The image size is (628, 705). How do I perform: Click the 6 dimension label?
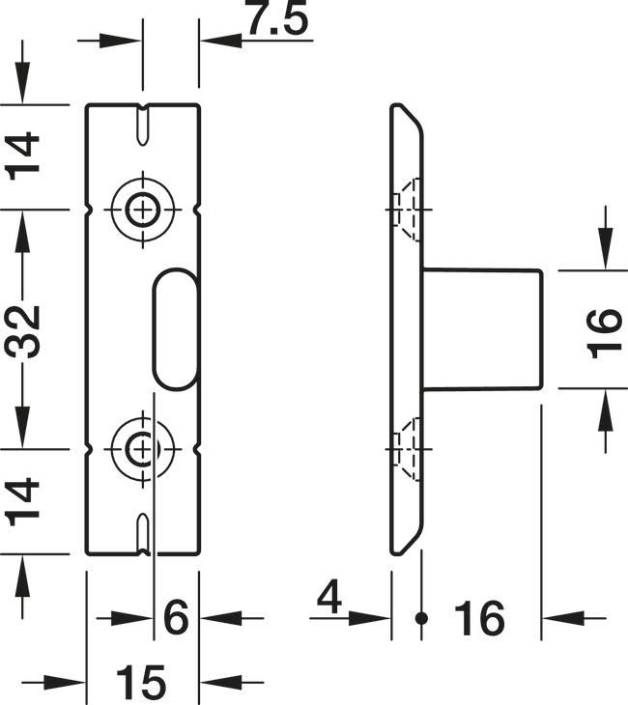175,617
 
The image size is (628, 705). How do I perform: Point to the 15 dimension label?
143,683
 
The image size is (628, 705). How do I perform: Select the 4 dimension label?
329,600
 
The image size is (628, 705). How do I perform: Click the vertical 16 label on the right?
606,330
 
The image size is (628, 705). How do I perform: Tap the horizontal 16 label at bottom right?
477,618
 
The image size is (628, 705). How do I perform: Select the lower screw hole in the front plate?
143,448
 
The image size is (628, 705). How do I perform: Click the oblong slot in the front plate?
175,328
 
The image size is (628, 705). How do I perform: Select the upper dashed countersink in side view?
407,208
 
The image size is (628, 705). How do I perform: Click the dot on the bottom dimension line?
420,617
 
